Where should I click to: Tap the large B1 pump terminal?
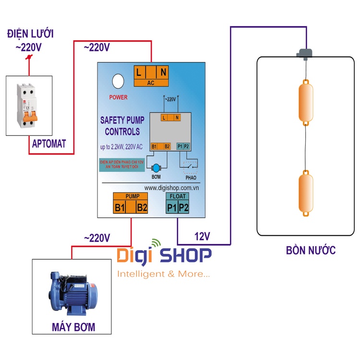click(120, 208)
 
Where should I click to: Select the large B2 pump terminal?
click(142, 208)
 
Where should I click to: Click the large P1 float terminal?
click(171, 208)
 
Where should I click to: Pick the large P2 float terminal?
click(184, 208)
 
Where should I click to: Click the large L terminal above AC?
click(139, 72)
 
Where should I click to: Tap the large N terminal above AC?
click(163, 72)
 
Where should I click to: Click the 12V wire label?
click(203, 237)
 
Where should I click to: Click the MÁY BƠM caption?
click(73, 328)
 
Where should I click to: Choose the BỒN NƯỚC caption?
click(310, 250)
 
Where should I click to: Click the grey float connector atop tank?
click(304, 53)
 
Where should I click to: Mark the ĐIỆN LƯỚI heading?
click(30, 34)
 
